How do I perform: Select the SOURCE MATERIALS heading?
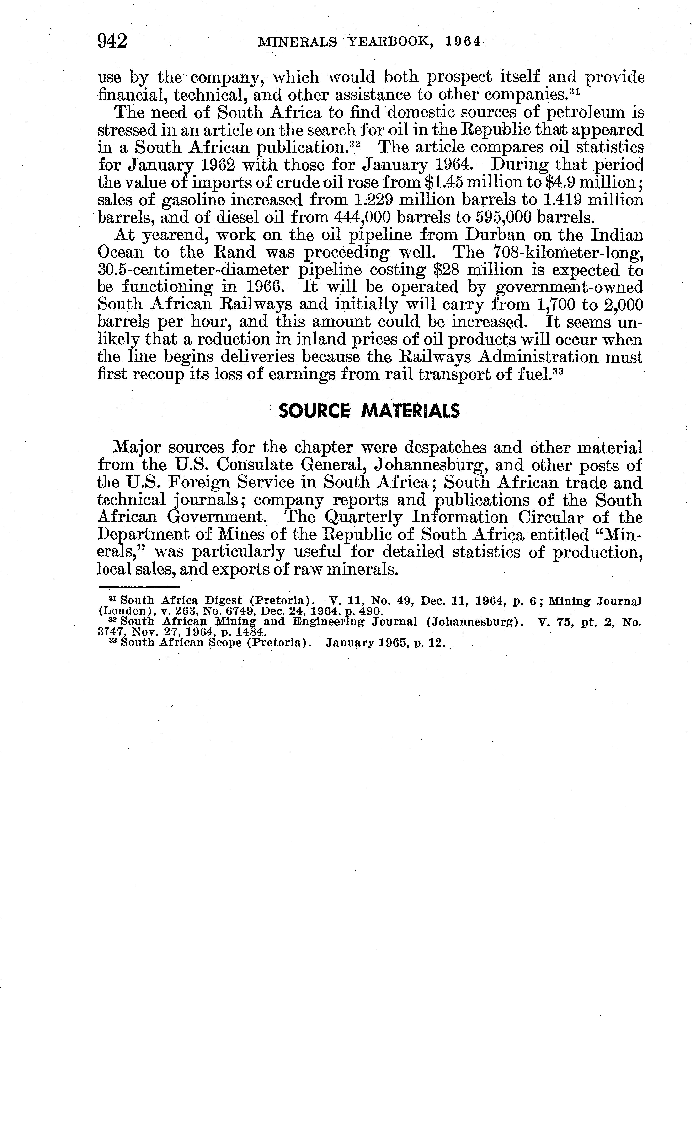(369, 411)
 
